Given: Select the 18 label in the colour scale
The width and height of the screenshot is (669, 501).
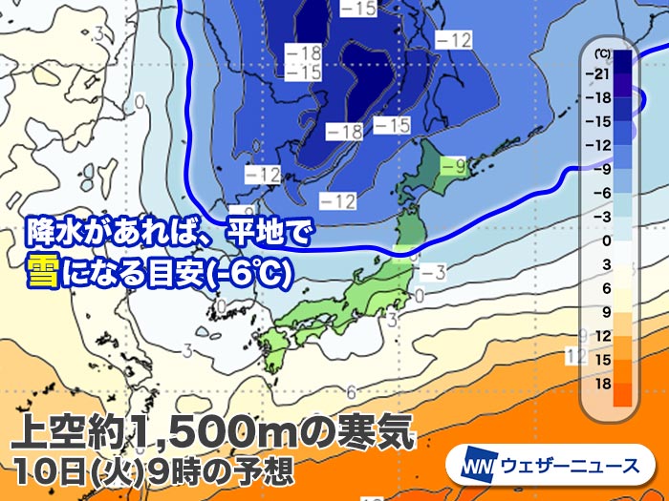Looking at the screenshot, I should (600, 382).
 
